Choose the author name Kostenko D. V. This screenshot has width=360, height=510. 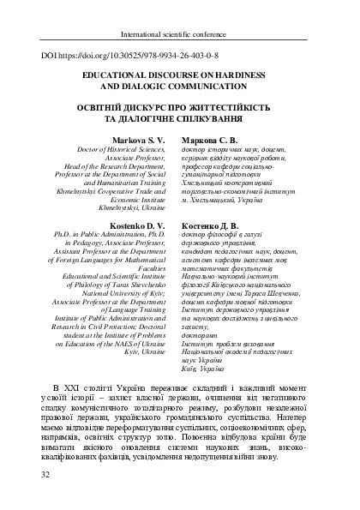(x=140, y=224)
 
